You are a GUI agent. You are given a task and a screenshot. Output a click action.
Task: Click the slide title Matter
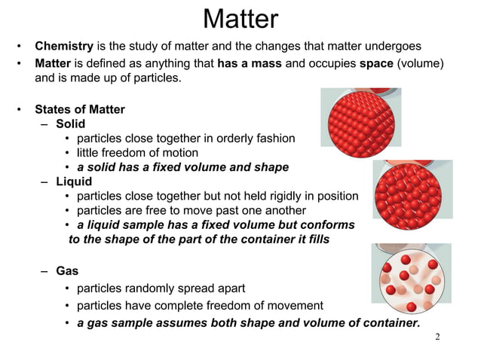coord(240,20)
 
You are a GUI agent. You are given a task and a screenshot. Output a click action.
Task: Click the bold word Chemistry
coord(69,47)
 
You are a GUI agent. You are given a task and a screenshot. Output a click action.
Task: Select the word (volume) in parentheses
coord(426,63)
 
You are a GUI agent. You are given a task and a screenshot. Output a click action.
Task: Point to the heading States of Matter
coord(80,109)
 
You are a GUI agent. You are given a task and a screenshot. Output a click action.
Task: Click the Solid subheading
coord(70,124)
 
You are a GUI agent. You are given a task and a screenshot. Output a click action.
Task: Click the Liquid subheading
coord(74,182)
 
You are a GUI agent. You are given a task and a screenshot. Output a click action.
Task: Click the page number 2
coord(437,336)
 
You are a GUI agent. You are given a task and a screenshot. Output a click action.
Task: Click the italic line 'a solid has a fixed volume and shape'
coord(182,167)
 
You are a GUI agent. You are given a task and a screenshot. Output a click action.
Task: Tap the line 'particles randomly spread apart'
coord(161,288)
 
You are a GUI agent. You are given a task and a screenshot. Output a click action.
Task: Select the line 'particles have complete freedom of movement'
coord(200,306)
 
